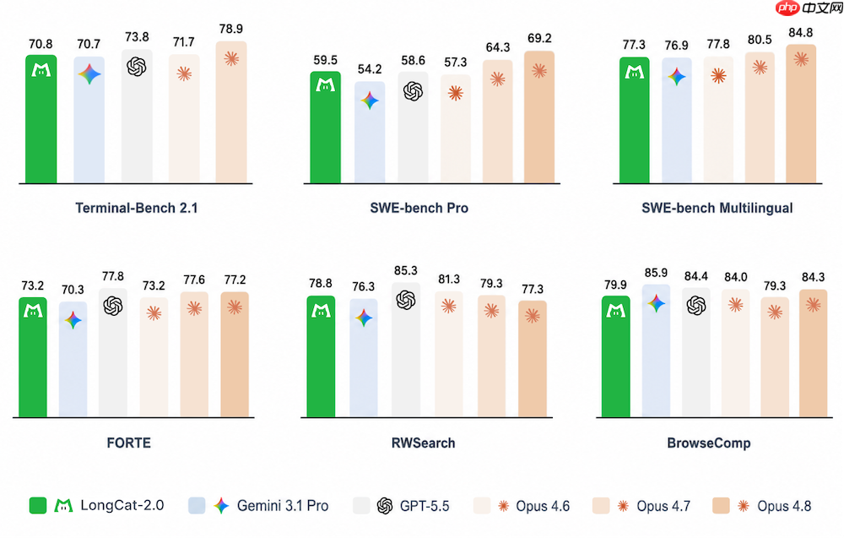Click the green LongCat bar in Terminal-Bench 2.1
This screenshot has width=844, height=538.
point(41,119)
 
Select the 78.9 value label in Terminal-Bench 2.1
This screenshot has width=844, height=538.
point(231,29)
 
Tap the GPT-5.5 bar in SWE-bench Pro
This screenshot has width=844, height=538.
point(413,127)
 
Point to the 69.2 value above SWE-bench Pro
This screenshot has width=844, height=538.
point(539,38)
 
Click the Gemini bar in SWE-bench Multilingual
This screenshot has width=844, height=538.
point(677,120)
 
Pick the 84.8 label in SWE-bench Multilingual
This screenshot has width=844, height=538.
point(800,32)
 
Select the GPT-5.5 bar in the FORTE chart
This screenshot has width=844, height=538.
point(113,352)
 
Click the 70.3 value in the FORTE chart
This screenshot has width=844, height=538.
point(73,290)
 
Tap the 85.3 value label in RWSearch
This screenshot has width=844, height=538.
point(405,270)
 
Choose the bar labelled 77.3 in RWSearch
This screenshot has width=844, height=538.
point(533,359)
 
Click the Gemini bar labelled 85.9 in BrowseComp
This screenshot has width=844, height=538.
point(656,351)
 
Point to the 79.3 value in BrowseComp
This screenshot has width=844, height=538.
point(775,285)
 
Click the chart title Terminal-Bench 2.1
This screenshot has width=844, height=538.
point(137,208)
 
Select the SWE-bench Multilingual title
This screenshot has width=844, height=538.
point(717,208)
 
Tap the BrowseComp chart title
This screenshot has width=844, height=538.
point(709,443)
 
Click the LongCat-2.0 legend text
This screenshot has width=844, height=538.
point(122,505)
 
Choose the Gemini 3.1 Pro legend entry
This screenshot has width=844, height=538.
point(258,506)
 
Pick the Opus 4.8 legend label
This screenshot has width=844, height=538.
point(784,506)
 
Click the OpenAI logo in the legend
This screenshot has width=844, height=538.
point(385,506)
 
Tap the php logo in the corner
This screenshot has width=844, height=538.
point(787,8)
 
